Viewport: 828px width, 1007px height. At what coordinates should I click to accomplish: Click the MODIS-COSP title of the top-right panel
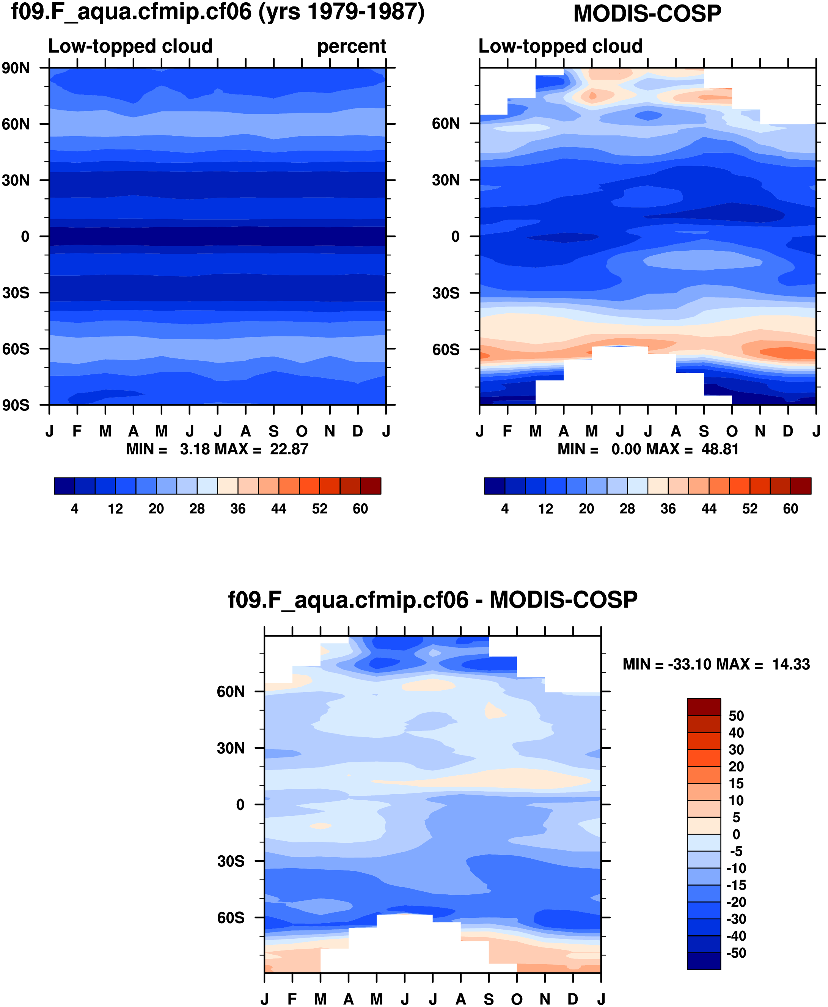point(647,13)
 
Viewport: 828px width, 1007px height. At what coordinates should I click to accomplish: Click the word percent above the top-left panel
point(352,46)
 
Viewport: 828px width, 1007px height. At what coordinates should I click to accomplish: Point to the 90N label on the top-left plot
point(15,68)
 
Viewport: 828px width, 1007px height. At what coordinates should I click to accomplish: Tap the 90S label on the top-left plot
point(15,405)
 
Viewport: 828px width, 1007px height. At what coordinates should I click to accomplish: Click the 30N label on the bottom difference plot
point(231,748)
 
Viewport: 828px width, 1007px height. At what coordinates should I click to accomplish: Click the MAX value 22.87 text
point(289,449)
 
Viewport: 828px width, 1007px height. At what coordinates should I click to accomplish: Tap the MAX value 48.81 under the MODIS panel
point(720,449)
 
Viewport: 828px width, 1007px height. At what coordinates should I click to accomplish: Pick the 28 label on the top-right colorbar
point(627,509)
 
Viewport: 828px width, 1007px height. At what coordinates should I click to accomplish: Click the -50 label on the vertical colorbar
point(736,953)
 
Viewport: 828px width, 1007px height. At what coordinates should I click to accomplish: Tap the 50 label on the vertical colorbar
point(736,716)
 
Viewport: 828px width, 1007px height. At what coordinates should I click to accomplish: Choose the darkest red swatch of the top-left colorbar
point(371,485)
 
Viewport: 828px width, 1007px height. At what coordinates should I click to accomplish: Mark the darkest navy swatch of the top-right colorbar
point(495,485)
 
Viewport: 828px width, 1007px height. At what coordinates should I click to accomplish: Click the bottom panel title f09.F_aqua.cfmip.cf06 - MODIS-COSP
point(433,600)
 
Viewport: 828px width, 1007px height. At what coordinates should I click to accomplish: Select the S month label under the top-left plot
point(273,431)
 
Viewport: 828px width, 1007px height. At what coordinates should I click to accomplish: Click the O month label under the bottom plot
point(517,999)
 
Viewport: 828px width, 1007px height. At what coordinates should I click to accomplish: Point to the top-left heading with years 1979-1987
point(217,12)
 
